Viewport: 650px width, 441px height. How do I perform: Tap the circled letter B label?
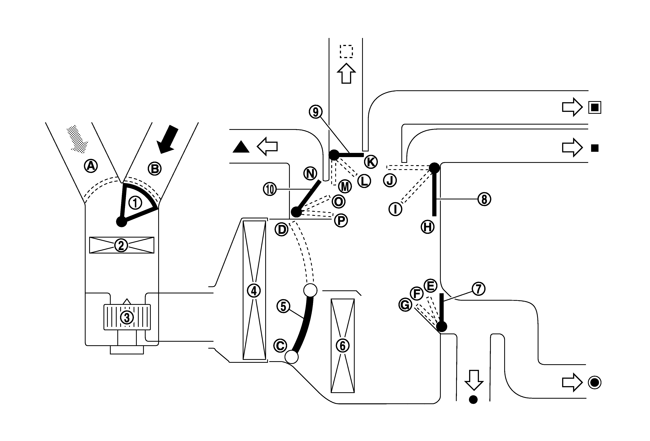tap(155, 169)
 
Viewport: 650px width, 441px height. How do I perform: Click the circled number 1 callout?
tap(135, 203)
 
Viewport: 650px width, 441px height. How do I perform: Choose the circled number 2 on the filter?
tap(121, 245)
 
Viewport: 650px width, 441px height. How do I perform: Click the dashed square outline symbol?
tap(346, 52)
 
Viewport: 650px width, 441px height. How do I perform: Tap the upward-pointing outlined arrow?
tap(346, 73)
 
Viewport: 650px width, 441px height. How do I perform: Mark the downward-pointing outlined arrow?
tap(473, 380)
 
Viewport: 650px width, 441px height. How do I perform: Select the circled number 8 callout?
tap(484, 199)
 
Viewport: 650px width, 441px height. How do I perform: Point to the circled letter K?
tap(371, 162)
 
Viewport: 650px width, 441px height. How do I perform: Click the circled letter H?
tap(428, 227)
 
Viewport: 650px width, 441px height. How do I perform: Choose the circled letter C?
tap(280, 345)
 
